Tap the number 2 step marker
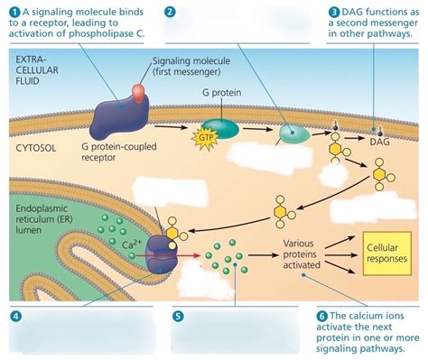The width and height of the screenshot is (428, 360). (171, 11)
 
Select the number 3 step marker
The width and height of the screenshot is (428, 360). (334, 11)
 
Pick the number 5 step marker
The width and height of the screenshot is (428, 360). (177, 316)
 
